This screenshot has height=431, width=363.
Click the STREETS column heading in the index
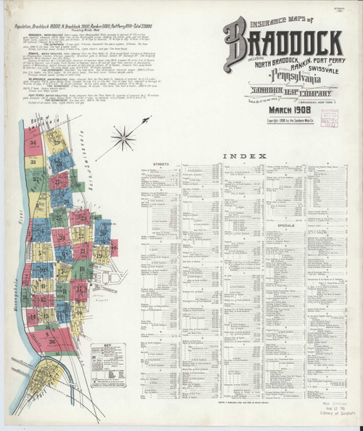(x=162, y=164)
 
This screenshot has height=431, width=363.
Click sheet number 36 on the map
(x=52, y=342)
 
